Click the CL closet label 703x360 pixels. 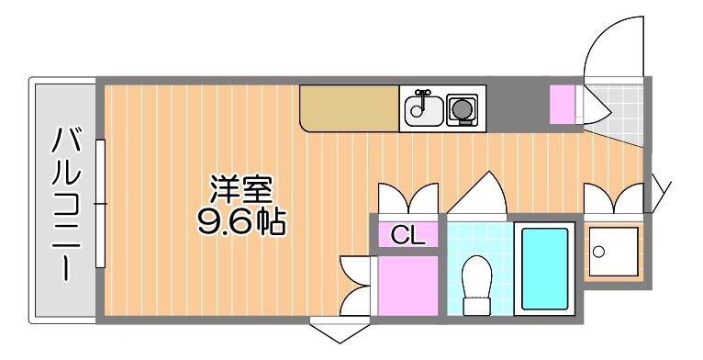(408, 235)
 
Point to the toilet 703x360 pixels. (475, 284)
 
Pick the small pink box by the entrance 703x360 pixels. (562, 103)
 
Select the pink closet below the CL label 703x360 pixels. (408, 285)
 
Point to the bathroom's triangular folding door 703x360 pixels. (479, 196)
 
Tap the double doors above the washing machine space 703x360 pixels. (614, 195)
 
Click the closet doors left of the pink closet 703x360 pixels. (358, 285)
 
